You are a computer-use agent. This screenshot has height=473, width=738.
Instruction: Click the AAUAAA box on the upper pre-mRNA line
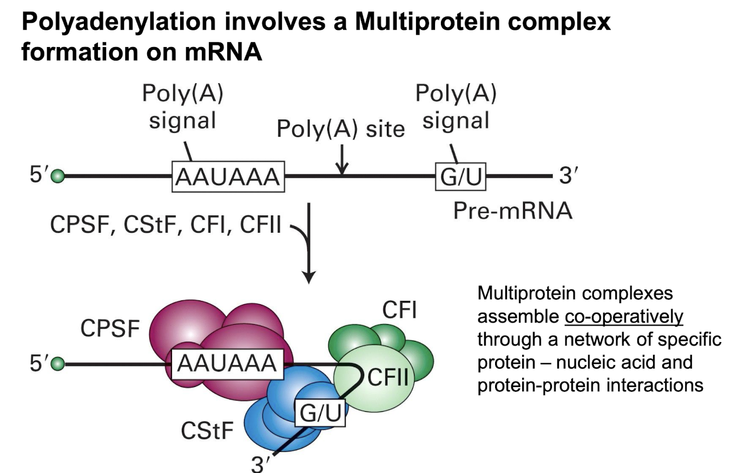click(228, 176)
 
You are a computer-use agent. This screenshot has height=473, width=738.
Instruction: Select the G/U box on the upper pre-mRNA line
click(461, 176)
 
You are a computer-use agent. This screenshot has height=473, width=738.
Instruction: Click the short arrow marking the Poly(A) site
click(341, 161)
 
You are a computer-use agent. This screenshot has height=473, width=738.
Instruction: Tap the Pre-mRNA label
click(512, 211)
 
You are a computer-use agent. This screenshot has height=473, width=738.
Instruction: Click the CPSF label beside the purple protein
click(110, 329)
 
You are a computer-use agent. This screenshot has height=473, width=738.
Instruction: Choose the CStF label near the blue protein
click(208, 432)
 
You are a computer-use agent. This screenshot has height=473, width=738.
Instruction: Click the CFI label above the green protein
click(399, 311)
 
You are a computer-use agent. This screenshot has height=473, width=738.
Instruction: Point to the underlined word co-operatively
click(624, 317)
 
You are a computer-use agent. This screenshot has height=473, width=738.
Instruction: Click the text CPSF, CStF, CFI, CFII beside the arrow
click(166, 225)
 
